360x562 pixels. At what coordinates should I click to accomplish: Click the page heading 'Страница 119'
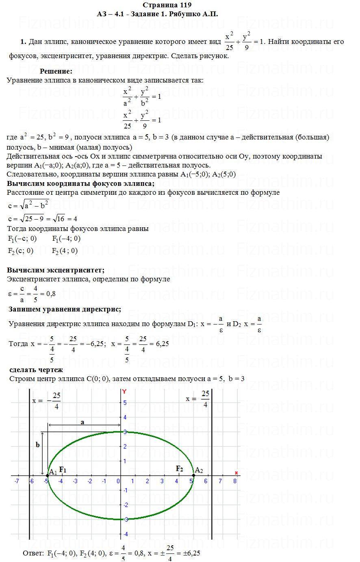167,5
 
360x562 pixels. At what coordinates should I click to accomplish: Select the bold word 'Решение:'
56,71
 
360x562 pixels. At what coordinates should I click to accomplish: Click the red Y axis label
124,391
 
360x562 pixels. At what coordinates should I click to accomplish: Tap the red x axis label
236,473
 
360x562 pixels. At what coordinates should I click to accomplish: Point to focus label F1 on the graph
63,470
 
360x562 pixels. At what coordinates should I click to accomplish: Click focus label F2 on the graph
179,468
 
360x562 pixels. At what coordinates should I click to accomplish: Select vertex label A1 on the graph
53,472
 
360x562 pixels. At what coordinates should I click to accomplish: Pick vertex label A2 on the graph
199,470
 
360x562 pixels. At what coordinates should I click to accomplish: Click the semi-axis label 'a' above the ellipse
82,423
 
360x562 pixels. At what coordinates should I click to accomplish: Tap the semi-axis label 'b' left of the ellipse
38,445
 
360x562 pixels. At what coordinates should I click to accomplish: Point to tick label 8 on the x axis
235,481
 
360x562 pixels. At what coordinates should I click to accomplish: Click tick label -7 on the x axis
17,481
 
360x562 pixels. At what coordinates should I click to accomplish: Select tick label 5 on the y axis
125,403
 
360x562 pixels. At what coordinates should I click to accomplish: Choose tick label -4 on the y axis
125,534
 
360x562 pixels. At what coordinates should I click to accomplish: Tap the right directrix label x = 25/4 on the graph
198,399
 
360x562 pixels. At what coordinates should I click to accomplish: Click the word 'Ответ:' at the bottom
33,553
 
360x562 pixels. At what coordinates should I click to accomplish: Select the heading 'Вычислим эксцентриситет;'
56,270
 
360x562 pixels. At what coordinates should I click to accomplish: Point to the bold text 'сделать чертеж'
36,370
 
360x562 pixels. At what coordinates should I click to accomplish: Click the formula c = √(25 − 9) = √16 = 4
43,219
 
